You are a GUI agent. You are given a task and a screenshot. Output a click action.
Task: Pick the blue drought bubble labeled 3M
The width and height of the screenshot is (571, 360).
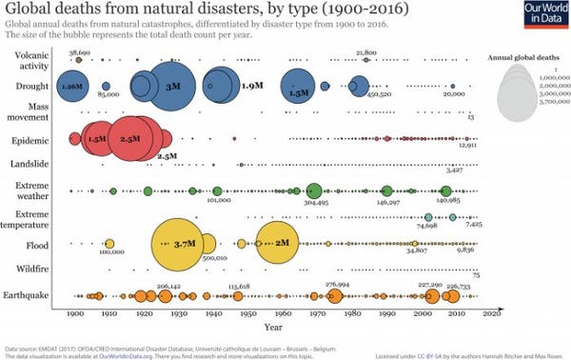pyautogui.click(x=171, y=86)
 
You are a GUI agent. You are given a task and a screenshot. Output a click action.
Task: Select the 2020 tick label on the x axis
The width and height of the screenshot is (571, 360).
pyautogui.click(x=492, y=313)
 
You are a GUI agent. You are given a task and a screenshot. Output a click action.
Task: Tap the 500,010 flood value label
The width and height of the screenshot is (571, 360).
pyautogui.click(x=214, y=257)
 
